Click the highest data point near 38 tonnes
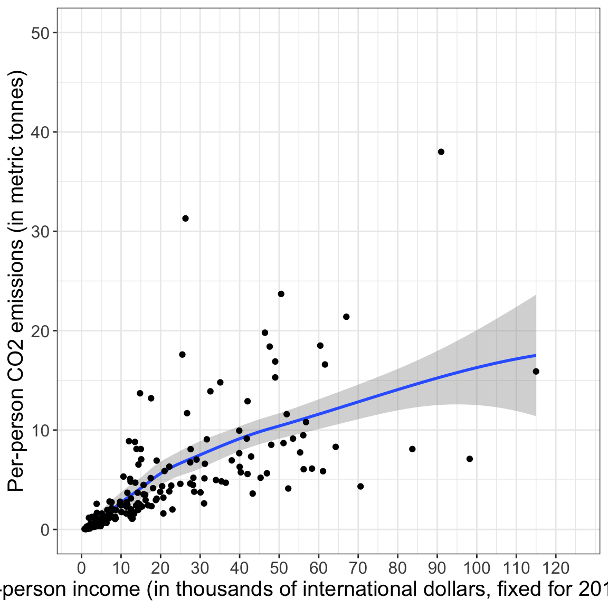[x=441, y=152]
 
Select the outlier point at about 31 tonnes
[x=185, y=218]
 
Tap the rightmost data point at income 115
[x=536, y=372]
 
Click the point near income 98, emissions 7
[x=470, y=459]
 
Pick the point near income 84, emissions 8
[x=412, y=449]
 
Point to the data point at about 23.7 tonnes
[x=281, y=294]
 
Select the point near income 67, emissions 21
[x=346, y=317]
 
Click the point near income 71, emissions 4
[x=360, y=487]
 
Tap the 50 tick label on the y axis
[x=40, y=33]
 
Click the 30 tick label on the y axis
[x=40, y=232]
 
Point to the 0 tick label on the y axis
[x=45, y=530]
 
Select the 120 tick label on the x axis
[x=556, y=568]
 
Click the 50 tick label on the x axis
[x=279, y=568]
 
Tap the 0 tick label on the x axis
[x=81, y=568]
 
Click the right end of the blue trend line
[x=535, y=355]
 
